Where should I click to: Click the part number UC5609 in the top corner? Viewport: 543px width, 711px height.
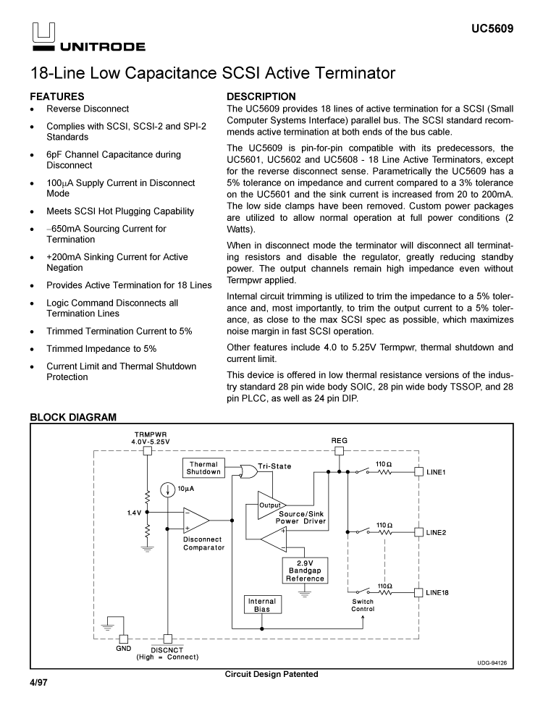click(492, 30)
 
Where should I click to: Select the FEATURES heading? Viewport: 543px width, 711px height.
click(56, 96)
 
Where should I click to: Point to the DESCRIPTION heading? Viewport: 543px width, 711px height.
click(261, 96)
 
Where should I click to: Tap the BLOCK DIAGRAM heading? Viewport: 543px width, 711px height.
click(72, 418)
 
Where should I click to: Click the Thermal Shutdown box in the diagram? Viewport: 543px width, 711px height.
click(203, 468)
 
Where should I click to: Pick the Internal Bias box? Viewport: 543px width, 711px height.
click(262, 605)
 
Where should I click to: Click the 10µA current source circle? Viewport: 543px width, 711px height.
click(167, 490)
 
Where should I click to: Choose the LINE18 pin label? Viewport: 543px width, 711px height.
click(437, 592)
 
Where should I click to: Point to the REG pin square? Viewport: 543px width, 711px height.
click(339, 450)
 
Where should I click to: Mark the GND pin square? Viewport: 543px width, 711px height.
click(124, 639)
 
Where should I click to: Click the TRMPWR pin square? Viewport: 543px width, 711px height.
click(147, 450)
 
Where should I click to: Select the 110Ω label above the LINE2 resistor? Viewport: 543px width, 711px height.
click(384, 524)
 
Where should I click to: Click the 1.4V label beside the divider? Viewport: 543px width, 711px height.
click(134, 513)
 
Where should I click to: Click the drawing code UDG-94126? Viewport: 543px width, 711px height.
click(492, 662)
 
